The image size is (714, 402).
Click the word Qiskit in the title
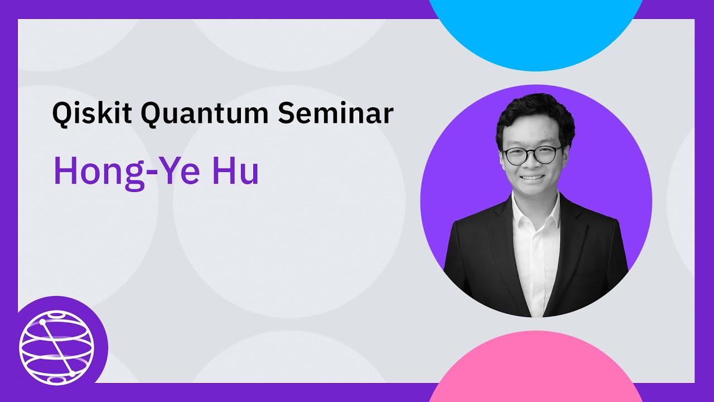[92, 113]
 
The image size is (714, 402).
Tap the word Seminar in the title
[335, 113]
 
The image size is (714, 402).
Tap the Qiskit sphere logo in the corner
[56, 348]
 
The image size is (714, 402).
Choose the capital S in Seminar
[286, 113]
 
